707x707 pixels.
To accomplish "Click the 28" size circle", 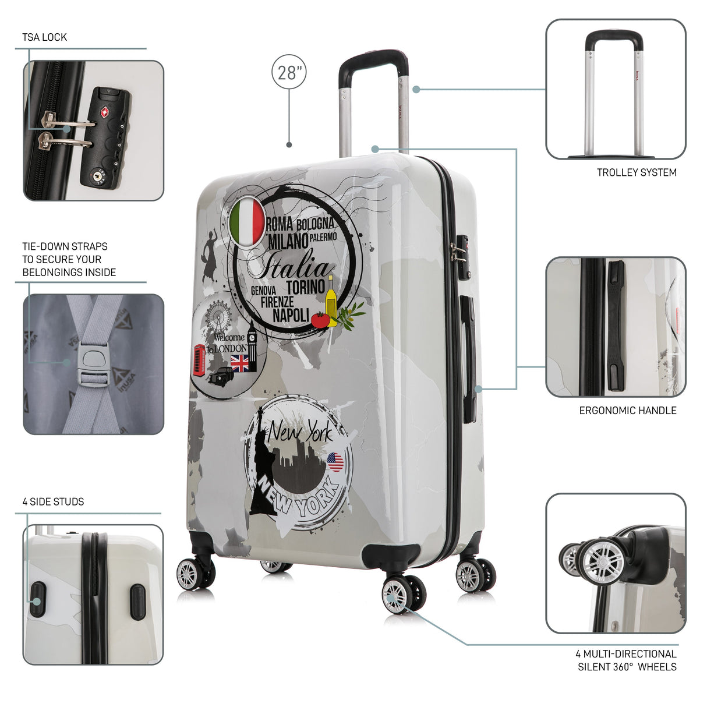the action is (x=289, y=72).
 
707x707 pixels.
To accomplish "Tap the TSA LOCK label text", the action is (x=44, y=37).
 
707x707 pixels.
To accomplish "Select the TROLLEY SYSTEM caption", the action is (x=637, y=172).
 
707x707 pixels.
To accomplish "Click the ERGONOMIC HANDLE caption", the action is (x=628, y=410).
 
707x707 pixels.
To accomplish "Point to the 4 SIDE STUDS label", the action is (x=53, y=501).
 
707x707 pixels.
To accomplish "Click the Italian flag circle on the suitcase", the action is (x=247, y=222).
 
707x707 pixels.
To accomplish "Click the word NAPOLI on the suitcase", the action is (x=291, y=315).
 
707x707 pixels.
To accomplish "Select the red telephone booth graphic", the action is (x=199, y=360).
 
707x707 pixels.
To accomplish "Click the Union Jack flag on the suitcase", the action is (x=239, y=363).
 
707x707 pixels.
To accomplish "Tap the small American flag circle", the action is (x=335, y=462).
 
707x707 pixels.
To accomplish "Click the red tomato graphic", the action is (x=320, y=320).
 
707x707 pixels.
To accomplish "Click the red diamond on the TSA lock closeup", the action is (x=105, y=112).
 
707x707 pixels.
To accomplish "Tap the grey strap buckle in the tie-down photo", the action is (x=94, y=367).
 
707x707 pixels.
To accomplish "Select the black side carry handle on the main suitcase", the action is (x=468, y=359).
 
